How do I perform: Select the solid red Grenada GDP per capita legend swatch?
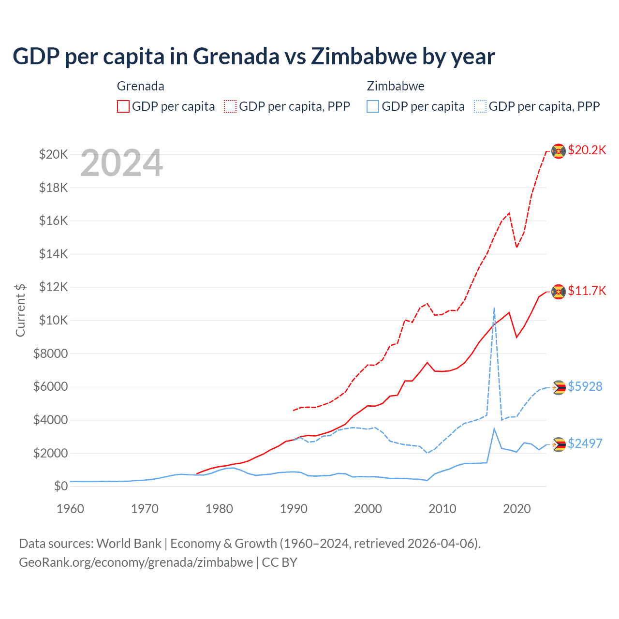123,106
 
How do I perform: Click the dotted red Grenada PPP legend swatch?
231,106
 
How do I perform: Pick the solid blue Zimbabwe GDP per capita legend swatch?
373,106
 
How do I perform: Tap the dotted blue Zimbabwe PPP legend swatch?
480,106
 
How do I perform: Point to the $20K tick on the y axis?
53,155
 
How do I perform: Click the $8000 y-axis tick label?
50,354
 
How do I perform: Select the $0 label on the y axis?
60,486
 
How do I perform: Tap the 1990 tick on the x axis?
294,509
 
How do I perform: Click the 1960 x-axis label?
70,509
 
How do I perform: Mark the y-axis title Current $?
20,310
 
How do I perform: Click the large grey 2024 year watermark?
121,163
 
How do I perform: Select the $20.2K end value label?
587,150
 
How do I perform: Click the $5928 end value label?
585,386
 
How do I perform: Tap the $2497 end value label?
585,443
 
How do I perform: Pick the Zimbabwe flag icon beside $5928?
559,387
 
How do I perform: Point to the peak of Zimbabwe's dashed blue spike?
494,308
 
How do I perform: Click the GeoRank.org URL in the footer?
136,562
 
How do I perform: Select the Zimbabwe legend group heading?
396,86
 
